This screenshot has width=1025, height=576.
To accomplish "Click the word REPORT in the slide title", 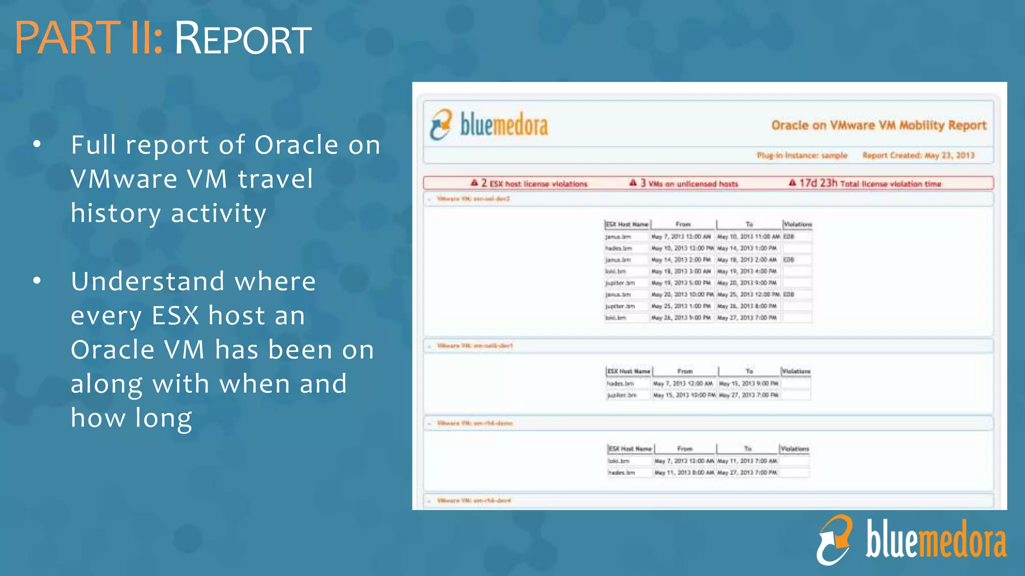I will click(243, 39).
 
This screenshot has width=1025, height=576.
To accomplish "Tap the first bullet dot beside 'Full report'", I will click(37, 145).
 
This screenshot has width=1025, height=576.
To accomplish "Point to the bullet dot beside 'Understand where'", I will click(37, 281).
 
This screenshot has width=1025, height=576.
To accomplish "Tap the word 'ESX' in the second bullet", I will click(175, 315).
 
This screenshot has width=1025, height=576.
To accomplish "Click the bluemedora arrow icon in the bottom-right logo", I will click(834, 540).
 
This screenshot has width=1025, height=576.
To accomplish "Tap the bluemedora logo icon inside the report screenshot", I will click(441, 124).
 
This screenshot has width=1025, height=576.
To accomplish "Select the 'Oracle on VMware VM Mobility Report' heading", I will click(878, 125).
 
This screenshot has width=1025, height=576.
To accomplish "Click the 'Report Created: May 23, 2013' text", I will click(918, 155).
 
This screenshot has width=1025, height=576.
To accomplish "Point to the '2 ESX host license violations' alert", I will click(530, 183).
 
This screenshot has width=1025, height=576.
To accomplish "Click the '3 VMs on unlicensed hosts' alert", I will click(684, 183).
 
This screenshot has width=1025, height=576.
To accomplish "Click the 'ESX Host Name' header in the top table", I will click(627, 224).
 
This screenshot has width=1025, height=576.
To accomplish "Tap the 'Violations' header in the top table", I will click(797, 224).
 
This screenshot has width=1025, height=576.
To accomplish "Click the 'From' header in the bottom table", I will click(685, 449).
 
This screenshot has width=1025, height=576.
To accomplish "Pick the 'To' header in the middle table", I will click(749, 371).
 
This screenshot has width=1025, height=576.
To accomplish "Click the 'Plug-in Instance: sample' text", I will click(802, 155).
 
